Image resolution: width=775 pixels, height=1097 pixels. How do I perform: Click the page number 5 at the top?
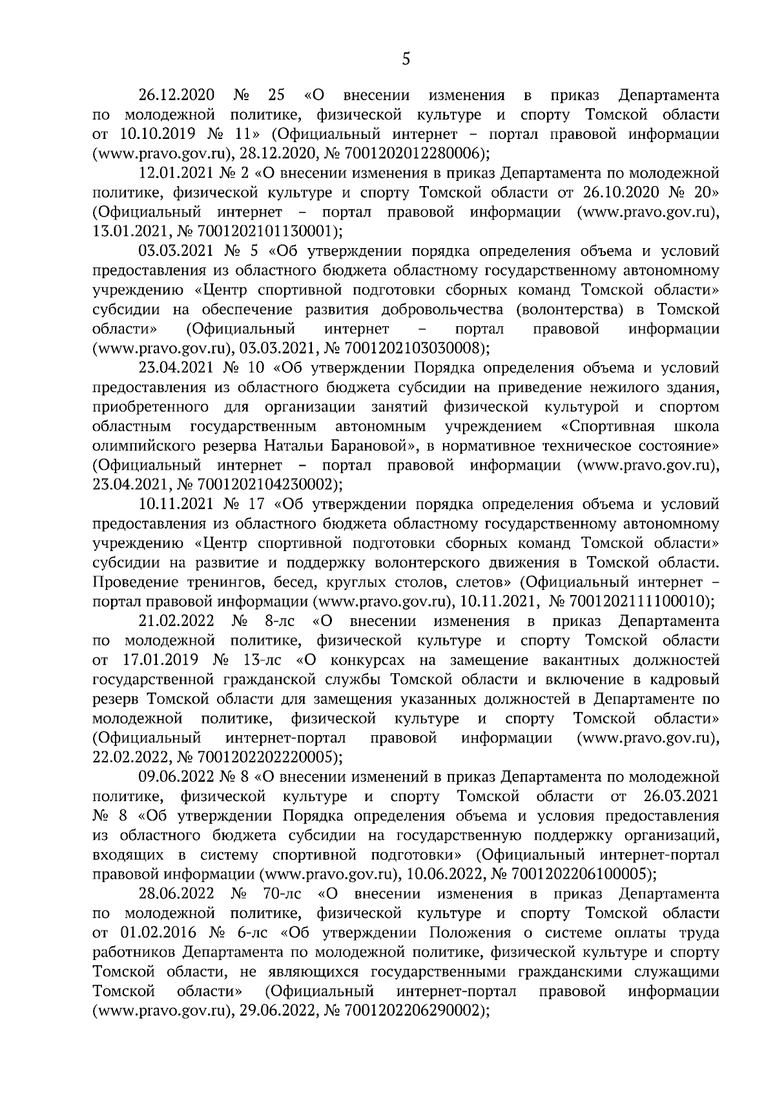tap(406, 59)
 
